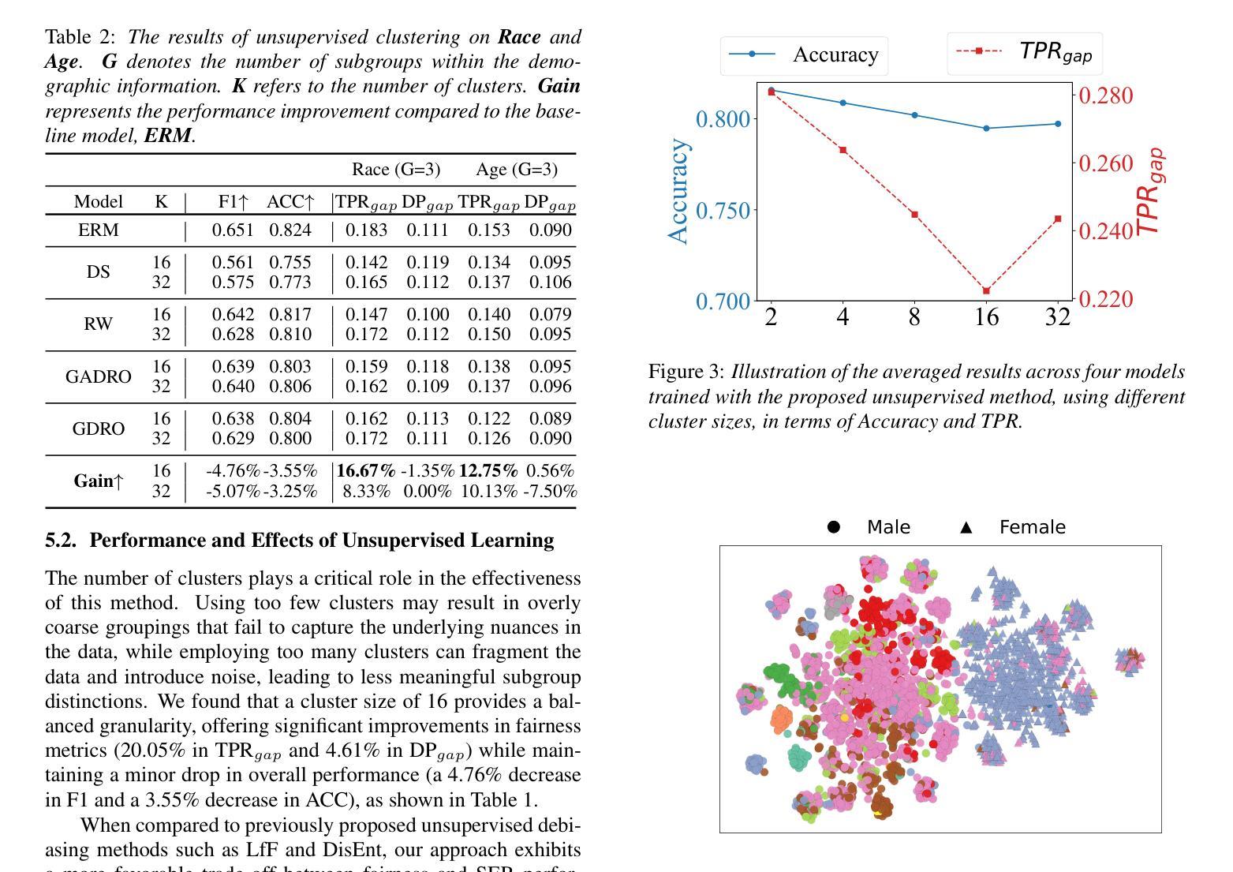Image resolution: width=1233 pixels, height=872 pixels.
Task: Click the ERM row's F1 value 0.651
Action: [233, 230]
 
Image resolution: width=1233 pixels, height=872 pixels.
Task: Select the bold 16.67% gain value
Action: [366, 470]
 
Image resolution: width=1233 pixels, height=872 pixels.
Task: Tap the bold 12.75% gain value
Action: [488, 470]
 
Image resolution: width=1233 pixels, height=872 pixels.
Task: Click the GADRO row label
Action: [99, 376]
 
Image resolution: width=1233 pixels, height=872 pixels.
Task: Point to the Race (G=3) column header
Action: [396, 169]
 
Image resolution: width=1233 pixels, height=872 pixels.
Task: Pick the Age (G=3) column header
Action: [517, 169]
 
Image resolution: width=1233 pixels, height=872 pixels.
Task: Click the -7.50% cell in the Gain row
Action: [550, 491]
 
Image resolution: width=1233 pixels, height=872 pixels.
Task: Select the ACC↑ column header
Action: [290, 202]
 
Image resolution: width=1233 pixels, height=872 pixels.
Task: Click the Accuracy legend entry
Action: [804, 54]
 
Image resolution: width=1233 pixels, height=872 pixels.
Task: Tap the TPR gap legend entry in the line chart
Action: [1025, 53]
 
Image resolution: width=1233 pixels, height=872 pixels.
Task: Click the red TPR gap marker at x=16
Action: [986, 290]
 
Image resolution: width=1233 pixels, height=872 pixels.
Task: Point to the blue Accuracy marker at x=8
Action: [915, 115]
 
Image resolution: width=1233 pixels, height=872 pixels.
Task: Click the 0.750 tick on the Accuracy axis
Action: [723, 210]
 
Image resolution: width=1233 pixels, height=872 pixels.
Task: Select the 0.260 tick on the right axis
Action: [1106, 163]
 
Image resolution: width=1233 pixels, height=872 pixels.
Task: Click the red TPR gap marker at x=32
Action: [1058, 219]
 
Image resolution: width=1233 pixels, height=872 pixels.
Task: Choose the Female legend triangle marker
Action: [966, 527]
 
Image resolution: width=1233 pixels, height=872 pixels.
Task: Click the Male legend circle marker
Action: [833, 527]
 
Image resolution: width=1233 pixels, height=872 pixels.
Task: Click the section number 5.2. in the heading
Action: [61, 540]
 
